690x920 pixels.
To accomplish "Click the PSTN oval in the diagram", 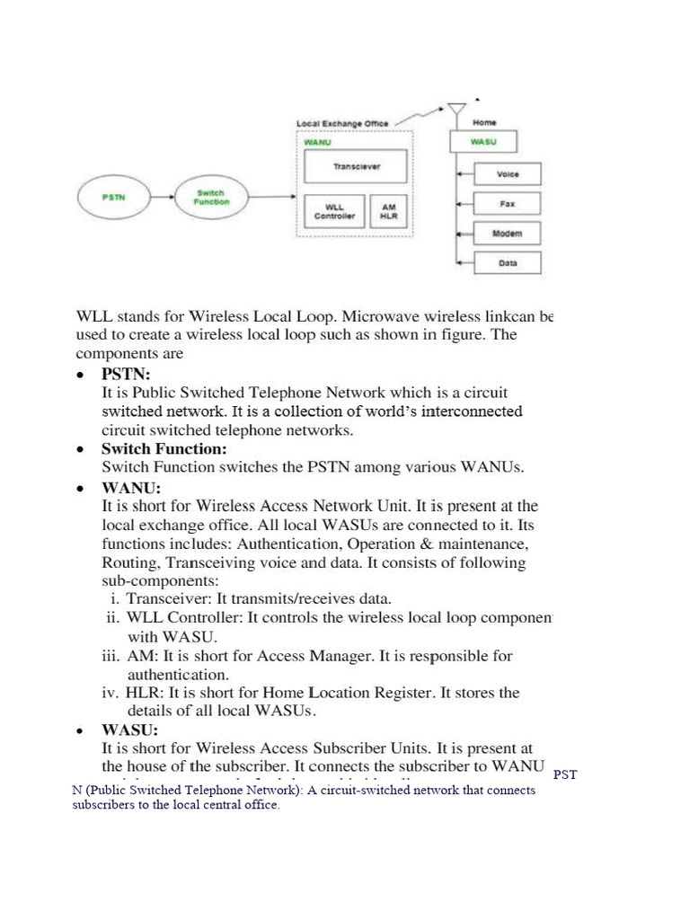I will tap(113, 198).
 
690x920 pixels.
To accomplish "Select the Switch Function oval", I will tap(213, 198).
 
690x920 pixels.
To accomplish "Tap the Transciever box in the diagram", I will tap(356, 167).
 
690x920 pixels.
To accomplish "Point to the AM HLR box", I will tap(389, 211).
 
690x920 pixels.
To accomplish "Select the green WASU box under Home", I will tap(482, 142).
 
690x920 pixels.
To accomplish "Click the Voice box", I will tap(508, 174).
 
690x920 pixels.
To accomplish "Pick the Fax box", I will tap(508, 204).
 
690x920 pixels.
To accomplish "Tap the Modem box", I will tap(508, 234).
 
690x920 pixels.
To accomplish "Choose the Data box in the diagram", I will tap(508, 263).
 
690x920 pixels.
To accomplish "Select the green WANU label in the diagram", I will tap(317, 141).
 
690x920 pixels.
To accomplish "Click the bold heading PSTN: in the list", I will tap(127, 373).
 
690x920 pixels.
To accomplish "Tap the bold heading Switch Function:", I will tap(164, 448).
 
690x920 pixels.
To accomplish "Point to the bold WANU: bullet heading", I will tap(131, 488).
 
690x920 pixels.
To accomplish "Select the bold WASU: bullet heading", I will tap(130, 730).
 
